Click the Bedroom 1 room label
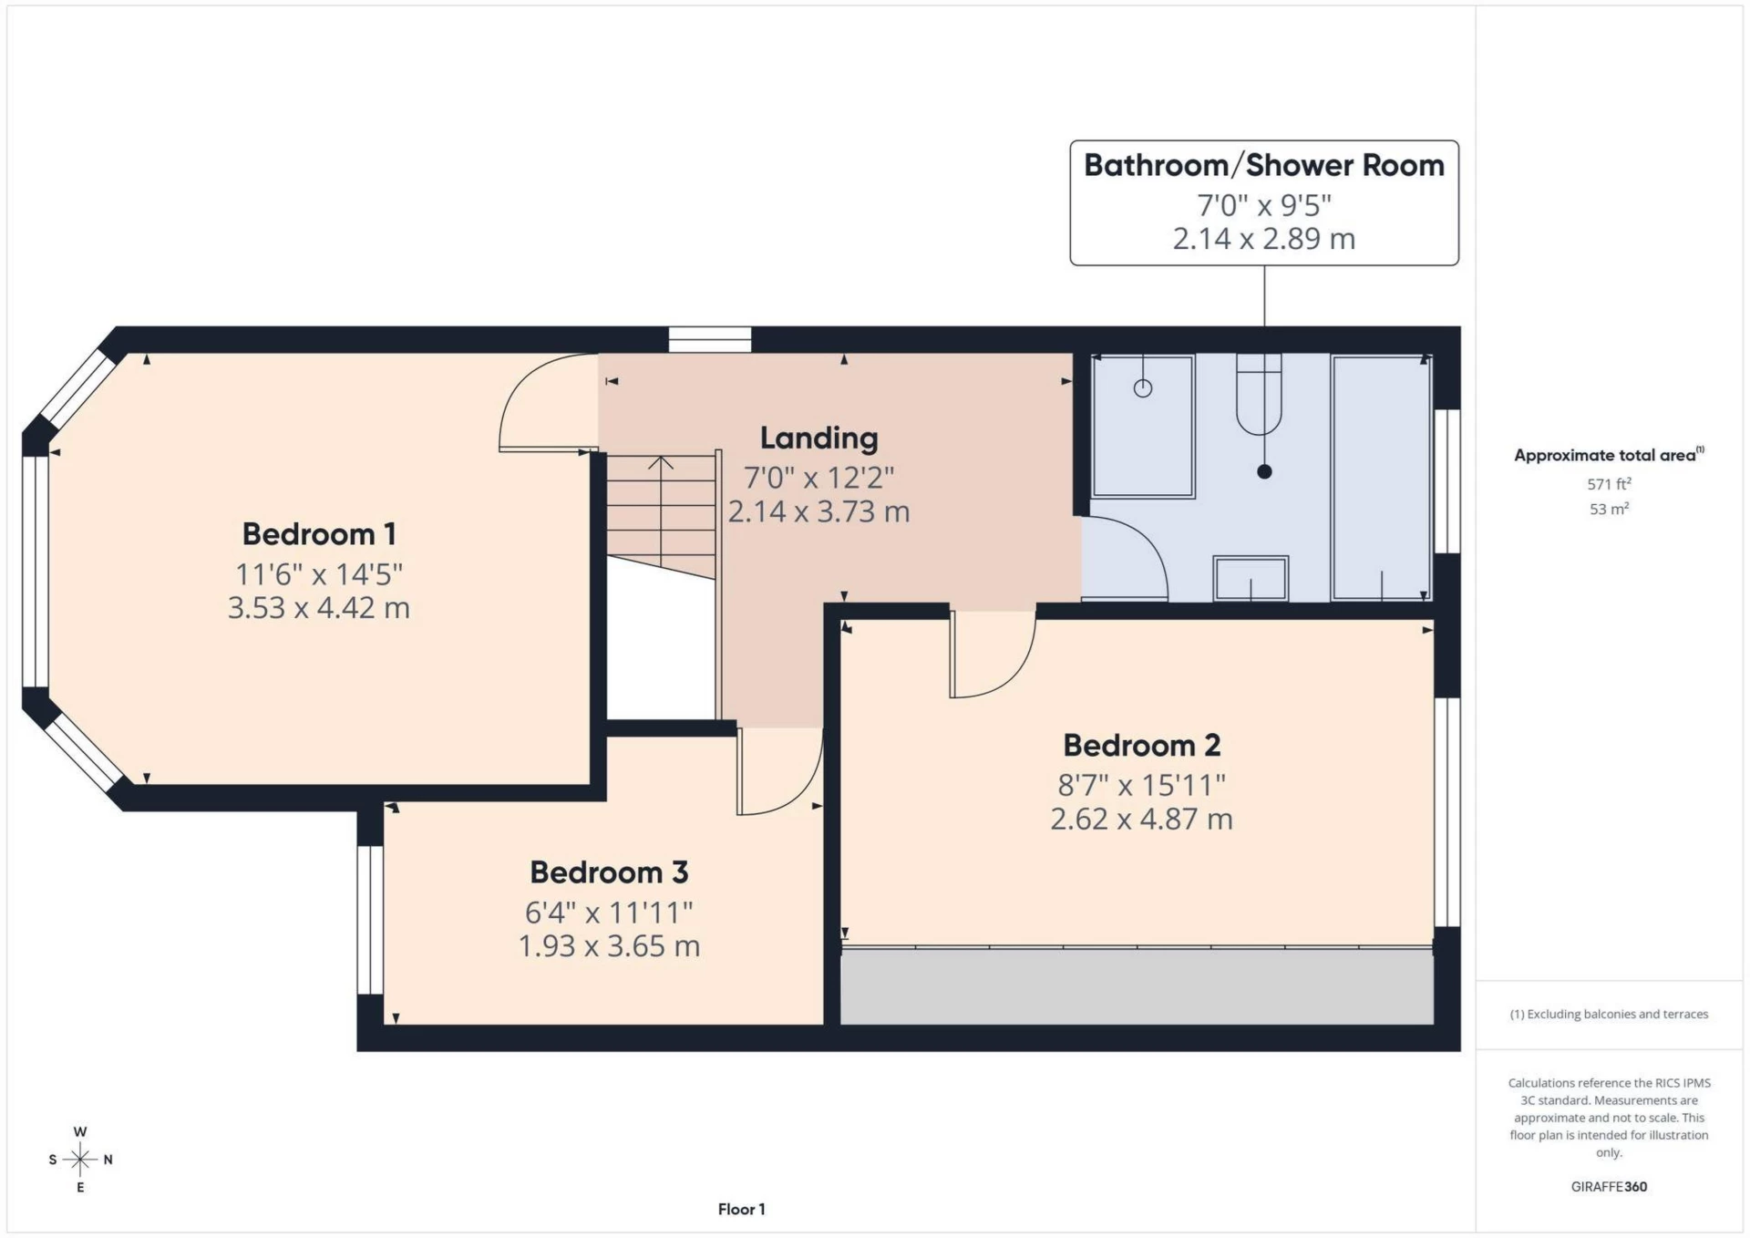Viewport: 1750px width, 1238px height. [x=318, y=534]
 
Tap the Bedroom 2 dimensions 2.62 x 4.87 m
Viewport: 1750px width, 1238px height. [x=1141, y=819]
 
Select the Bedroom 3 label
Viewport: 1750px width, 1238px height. [x=609, y=872]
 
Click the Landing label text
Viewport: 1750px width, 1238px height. [x=818, y=438]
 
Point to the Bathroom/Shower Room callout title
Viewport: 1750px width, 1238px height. [x=1263, y=166]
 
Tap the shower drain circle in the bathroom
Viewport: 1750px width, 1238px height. [x=1143, y=388]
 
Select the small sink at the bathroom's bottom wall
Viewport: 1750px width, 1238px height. [x=1251, y=578]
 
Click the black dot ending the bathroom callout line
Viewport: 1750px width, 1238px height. [x=1264, y=472]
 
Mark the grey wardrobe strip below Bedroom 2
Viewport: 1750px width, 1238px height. [x=1136, y=986]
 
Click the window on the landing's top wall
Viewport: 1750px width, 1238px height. [x=710, y=340]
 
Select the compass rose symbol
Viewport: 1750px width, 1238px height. [x=80, y=1160]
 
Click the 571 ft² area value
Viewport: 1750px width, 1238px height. [x=1609, y=484]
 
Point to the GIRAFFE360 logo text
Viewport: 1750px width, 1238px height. [x=1609, y=1187]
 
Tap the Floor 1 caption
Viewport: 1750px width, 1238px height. [x=741, y=1210]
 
